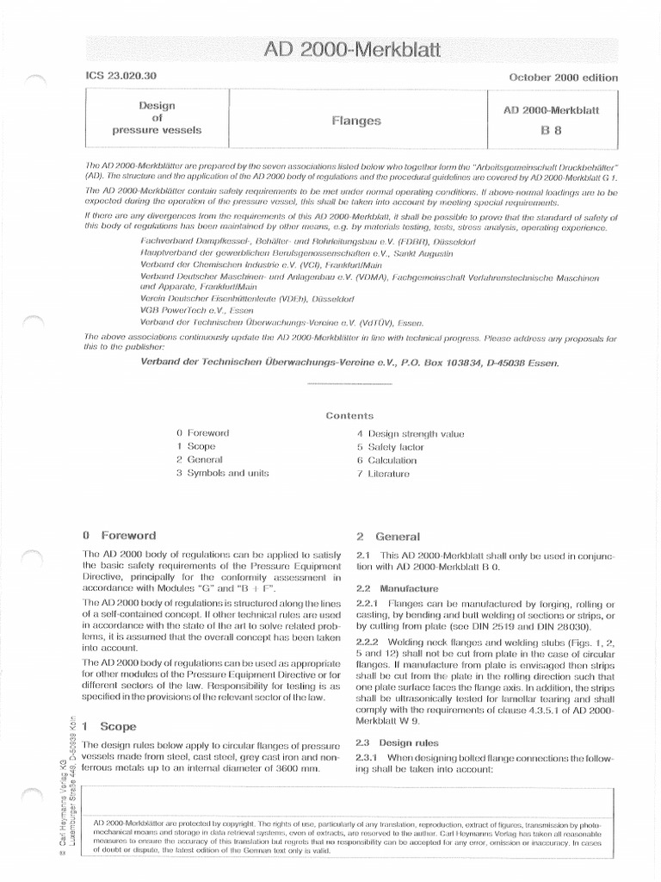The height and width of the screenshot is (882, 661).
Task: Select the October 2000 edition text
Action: point(563,78)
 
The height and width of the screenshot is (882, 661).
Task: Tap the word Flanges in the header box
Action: point(355,121)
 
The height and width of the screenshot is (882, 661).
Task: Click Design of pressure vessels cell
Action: point(157,118)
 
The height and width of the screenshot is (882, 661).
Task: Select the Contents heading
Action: point(349,415)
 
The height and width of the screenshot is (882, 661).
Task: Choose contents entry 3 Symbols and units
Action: point(222,473)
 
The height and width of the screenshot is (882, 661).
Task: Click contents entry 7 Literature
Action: point(383,474)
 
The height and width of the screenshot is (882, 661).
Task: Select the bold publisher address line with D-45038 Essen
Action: point(349,363)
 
